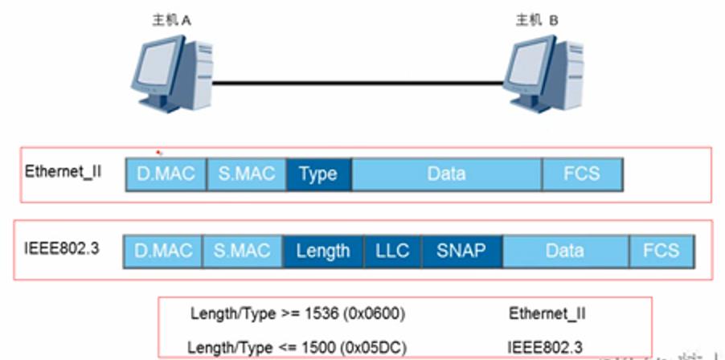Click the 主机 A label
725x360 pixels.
(171, 21)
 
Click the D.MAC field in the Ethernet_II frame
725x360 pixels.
(166, 174)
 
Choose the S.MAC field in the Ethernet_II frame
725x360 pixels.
(246, 174)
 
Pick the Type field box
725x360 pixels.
(318, 174)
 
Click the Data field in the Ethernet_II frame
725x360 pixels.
(446, 174)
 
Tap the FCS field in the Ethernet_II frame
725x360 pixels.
(582, 174)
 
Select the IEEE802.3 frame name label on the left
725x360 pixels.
(62, 248)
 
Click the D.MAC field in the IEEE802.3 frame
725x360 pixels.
(162, 251)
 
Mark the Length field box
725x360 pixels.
(323, 251)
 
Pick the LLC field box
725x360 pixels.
(392, 251)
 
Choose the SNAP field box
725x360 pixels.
(461, 251)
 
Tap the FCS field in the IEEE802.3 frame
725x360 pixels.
(661, 251)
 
